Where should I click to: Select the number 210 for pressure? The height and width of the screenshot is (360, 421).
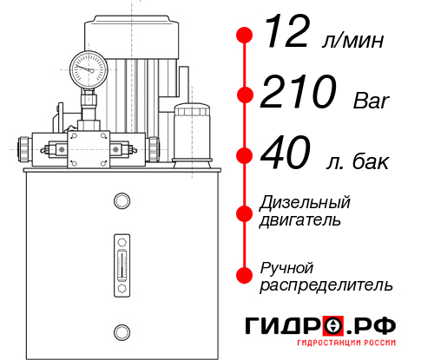[x=300, y=93]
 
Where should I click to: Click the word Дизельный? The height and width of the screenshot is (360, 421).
[x=306, y=203]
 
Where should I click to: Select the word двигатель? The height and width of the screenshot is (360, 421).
[x=300, y=220]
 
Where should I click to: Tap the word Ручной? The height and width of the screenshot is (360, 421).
[x=287, y=266]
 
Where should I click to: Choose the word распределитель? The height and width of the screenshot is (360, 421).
[x=326, y=285]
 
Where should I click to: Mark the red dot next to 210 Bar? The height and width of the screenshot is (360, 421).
[x=244, y=95]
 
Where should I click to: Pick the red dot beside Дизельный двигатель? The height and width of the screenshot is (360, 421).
[x=244, y=212]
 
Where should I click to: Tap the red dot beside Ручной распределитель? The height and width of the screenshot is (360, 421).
[x=244, y=275]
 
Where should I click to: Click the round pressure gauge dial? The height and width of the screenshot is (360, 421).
[x=87, y=66]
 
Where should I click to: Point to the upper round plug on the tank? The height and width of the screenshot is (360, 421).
[x=122, y=201]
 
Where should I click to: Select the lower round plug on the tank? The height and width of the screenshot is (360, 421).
[x=122, y=331]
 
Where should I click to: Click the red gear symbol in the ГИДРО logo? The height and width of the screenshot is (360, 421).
[x=332, y=326]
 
